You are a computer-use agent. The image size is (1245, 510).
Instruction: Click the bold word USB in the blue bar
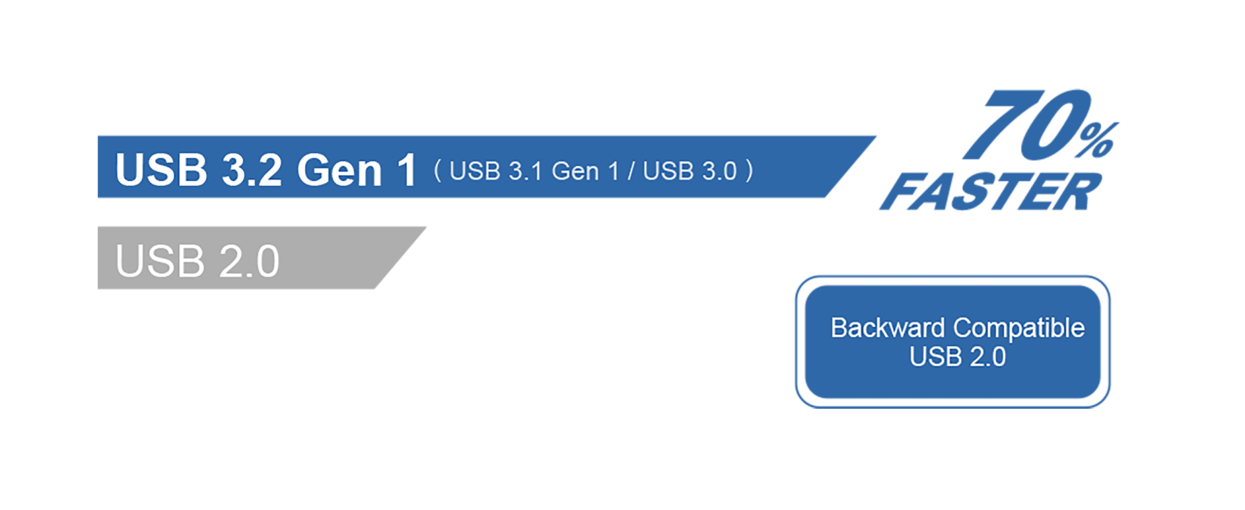(161, 170)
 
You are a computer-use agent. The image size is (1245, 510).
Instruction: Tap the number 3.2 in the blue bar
(252, 170)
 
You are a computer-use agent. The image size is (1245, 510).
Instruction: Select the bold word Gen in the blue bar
(340, 171)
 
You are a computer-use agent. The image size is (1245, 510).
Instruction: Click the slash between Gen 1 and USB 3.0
(632, 172)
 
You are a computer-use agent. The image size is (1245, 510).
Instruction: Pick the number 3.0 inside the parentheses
(720, 171)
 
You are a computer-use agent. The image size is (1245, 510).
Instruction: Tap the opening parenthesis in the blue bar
(438, 171)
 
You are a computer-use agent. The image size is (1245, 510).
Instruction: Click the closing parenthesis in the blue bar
(749, 171)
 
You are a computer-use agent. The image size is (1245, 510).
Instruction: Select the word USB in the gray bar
(160, 261)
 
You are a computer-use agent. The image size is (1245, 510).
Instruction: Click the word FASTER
(991, 191)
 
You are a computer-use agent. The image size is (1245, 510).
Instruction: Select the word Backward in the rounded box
(888, 328)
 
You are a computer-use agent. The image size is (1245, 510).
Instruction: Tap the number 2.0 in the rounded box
(988, 357)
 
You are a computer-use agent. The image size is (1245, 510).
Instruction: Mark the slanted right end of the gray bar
(400, 258)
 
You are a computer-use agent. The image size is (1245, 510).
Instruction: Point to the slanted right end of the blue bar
(850, 167)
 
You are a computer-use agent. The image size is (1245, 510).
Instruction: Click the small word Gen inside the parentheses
(575, 171)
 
